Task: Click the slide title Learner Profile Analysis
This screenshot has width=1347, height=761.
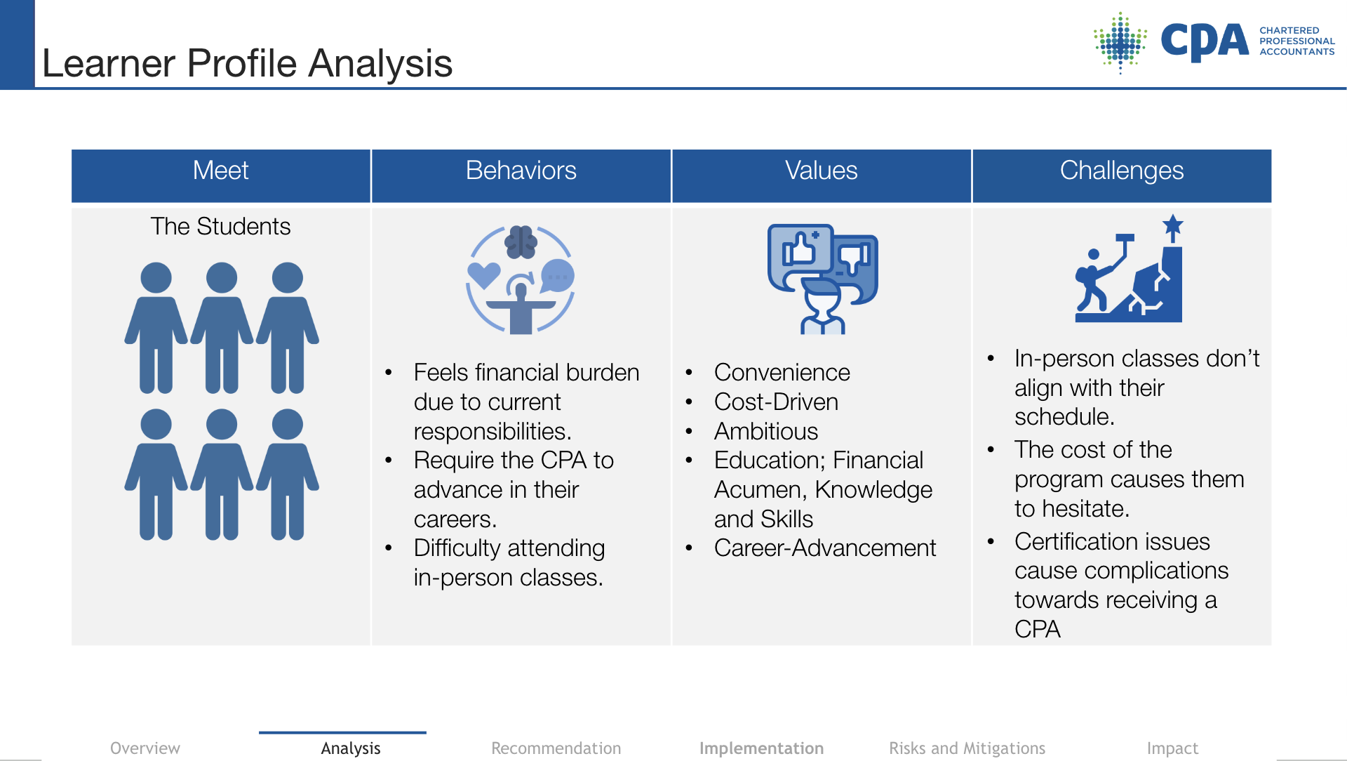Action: (x=247, y=63)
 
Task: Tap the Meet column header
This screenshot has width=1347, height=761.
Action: (x=220, y=171)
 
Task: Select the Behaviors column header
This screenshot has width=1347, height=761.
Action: (x=521, y=171)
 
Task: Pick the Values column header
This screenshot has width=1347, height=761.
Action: (x=821, y=171)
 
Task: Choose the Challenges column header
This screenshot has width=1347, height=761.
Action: (x=1122, y=171)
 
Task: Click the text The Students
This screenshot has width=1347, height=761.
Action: (x=220, y=226)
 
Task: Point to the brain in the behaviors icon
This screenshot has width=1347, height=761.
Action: (x=521, y=242)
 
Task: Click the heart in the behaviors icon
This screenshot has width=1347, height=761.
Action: (x=484, y=274)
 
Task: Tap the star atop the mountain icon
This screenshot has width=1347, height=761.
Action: (x=1172, y=226)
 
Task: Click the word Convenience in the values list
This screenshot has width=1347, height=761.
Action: (x=782, y=372)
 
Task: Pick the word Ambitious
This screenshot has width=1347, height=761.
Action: (x=766, y=431)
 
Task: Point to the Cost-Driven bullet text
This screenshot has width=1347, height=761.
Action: (x=776, y=402)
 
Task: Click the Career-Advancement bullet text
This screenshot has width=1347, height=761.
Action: (x=825, y=548)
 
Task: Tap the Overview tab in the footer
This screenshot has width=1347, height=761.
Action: (x=145, y=748)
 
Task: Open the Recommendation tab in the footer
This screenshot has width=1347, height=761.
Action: (x=556, y=748)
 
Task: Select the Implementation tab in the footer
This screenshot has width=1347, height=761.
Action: (x=761, y=749)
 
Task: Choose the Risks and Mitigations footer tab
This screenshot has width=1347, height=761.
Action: (x=967, y=749)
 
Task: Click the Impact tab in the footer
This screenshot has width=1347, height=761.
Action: (x=1172, y=749)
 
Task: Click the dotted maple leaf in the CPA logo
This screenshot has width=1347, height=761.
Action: (x=1120, y=42)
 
